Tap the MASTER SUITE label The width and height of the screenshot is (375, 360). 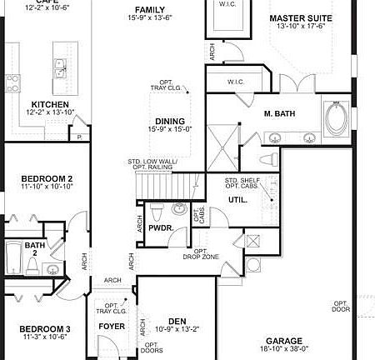[301, 17]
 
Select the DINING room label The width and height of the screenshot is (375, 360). [168, 121]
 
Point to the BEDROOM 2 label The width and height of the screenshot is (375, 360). [47, 178]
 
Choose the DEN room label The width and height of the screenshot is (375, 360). [176, 321]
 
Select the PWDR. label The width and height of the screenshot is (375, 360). [160, 227]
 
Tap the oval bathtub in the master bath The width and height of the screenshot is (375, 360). [337, 121]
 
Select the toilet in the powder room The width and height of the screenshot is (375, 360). [177, 209]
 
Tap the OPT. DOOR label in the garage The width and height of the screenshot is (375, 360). [341, 307]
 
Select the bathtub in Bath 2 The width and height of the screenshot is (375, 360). [14, 257]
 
